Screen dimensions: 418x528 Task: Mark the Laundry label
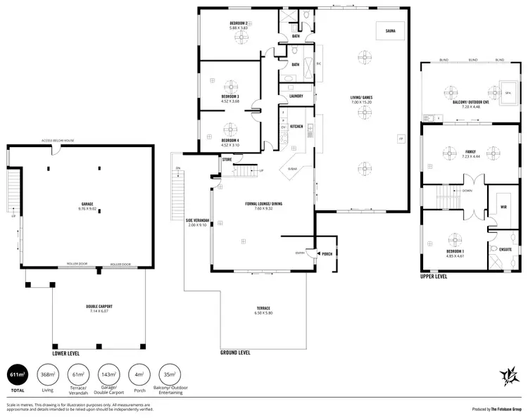pos(296,96)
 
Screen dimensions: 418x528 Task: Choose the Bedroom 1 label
pos(455,251)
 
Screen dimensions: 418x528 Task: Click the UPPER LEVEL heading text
pos(434,277)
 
